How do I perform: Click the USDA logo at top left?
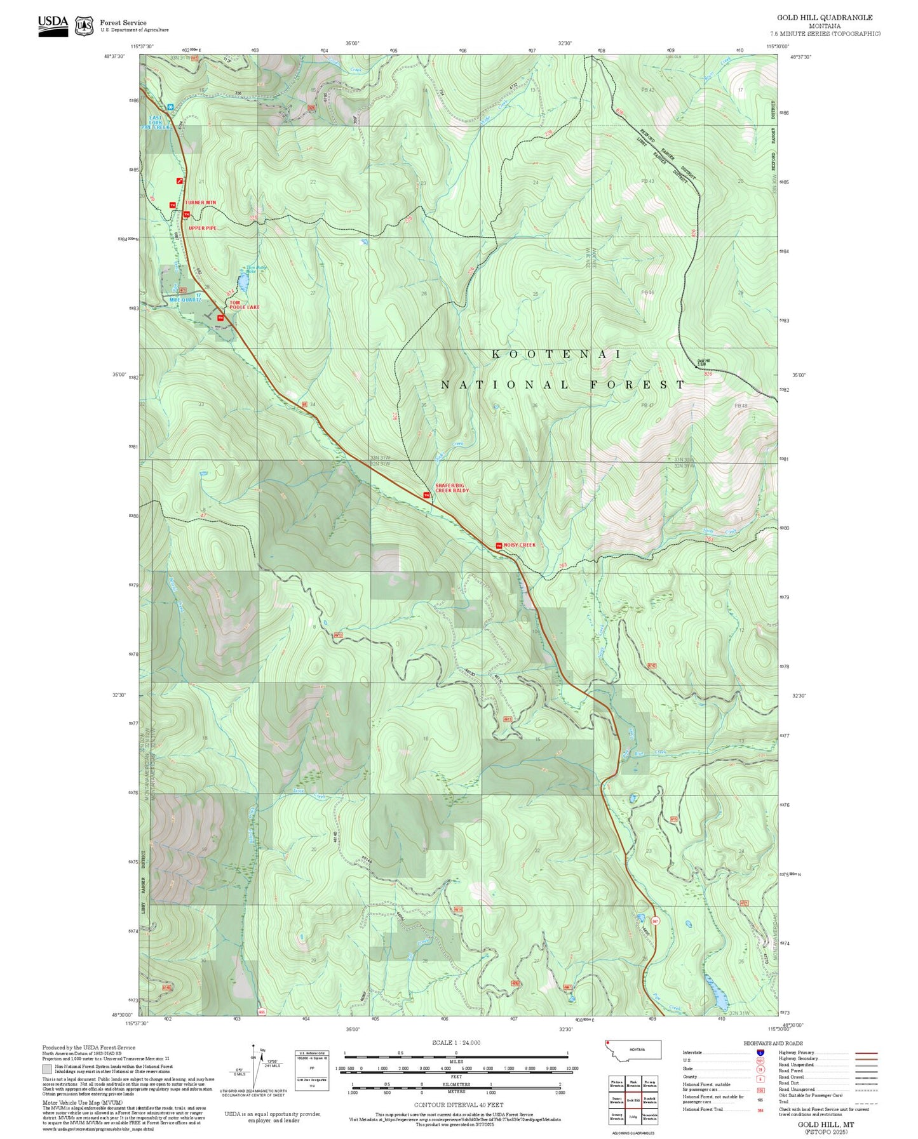[53, 25]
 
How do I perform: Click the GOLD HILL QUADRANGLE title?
[825, 18]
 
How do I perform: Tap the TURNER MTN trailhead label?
[200, 203]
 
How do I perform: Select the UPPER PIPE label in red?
[203, 228]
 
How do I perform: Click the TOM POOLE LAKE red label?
[245, 305]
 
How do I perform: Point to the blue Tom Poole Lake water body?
[243, 280]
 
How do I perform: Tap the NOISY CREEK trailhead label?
[520, 545]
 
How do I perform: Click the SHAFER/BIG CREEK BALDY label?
[452, 488]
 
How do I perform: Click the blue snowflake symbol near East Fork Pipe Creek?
[170, 107]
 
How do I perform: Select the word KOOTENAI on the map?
[557, 354]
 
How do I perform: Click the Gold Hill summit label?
[703, 362]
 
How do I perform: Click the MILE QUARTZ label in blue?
[185, 299]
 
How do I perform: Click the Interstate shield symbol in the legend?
[760, 1052]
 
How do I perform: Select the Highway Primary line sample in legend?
[867, 1053]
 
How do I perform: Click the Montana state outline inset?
[633, 1049]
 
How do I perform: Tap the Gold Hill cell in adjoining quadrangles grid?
[633, 1100]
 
